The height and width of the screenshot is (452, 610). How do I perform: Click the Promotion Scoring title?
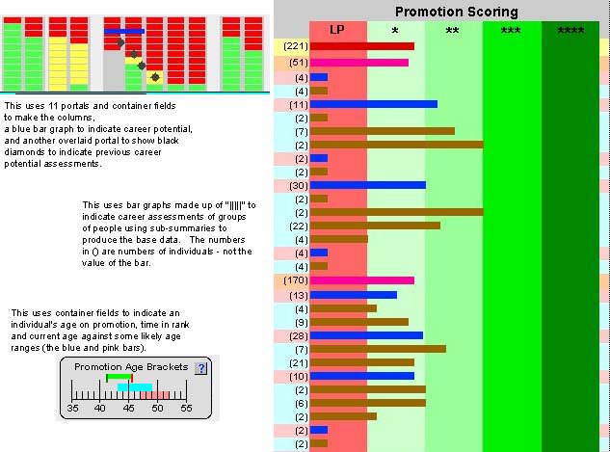point(457,12)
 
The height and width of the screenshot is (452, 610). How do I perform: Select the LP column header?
point(337,30)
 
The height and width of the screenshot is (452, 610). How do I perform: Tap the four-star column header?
point(570,31)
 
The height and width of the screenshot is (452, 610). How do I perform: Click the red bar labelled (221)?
point(362,46)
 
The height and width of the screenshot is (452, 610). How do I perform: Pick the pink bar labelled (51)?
point(359,63)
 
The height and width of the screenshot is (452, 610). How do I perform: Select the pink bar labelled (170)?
point(362,280)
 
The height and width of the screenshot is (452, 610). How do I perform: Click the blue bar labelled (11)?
point(374,104)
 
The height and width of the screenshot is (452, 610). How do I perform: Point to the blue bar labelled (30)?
point(368,185)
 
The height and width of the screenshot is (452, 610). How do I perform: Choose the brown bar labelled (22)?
point(376,226)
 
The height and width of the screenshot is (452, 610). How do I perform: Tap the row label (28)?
point(299,336)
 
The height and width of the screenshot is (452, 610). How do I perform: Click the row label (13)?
point(299,296)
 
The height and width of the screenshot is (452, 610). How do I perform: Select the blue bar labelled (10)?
point(362,376)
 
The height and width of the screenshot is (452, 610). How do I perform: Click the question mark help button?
point(200,368)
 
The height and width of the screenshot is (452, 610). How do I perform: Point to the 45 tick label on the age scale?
point(128,408)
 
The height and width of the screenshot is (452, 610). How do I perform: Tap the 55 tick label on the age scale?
point(186,408)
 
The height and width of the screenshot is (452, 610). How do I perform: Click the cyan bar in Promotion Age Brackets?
point(135,387)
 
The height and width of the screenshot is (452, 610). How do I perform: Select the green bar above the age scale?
point(119,377)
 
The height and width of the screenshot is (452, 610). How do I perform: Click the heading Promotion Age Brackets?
point(131,367)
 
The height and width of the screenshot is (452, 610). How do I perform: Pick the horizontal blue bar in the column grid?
point(124,31)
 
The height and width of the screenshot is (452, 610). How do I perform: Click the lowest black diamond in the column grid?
point(155,77)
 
